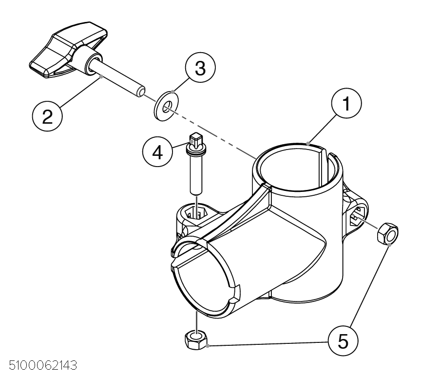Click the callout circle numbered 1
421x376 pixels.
click(x=346, y=103)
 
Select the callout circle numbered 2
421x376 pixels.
click(x=47, y=116)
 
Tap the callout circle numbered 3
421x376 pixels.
click(x=200, y=67)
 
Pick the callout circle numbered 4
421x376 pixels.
click(x=157, y=152)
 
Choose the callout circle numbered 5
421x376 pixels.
click(x=343, y=341)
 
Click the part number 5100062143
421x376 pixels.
click(x=43, y=365)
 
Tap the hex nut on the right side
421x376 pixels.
click(x=388, y=233)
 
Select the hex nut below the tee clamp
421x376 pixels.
click(x=196, y=340)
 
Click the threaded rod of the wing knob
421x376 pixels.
click(x=118, y=78)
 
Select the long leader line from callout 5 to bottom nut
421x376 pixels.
click(x=268, y=344)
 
